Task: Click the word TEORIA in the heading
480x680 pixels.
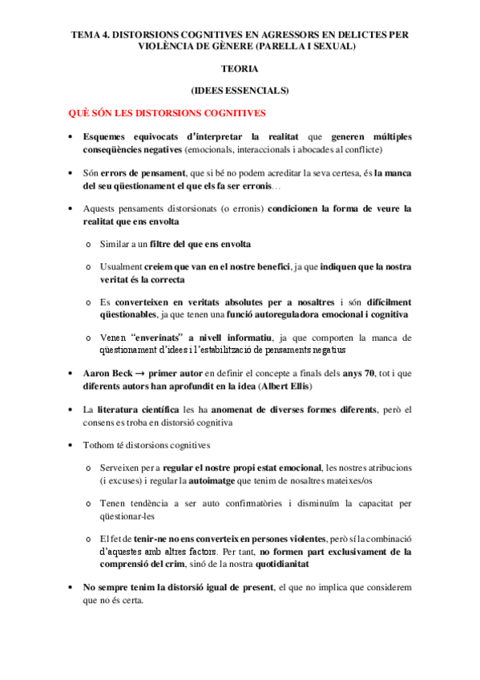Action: [240, 69]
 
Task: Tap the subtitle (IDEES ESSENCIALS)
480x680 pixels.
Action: [240, 91]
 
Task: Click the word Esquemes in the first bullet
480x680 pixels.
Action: [109, 137]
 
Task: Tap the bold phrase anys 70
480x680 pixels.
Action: [346, 374]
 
